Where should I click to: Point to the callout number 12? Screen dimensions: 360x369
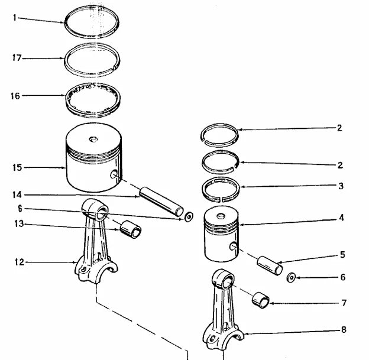click(19, 261)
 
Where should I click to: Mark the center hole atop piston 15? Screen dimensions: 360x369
click(93, 139)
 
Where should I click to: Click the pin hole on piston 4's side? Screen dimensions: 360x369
click(234, 246)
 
